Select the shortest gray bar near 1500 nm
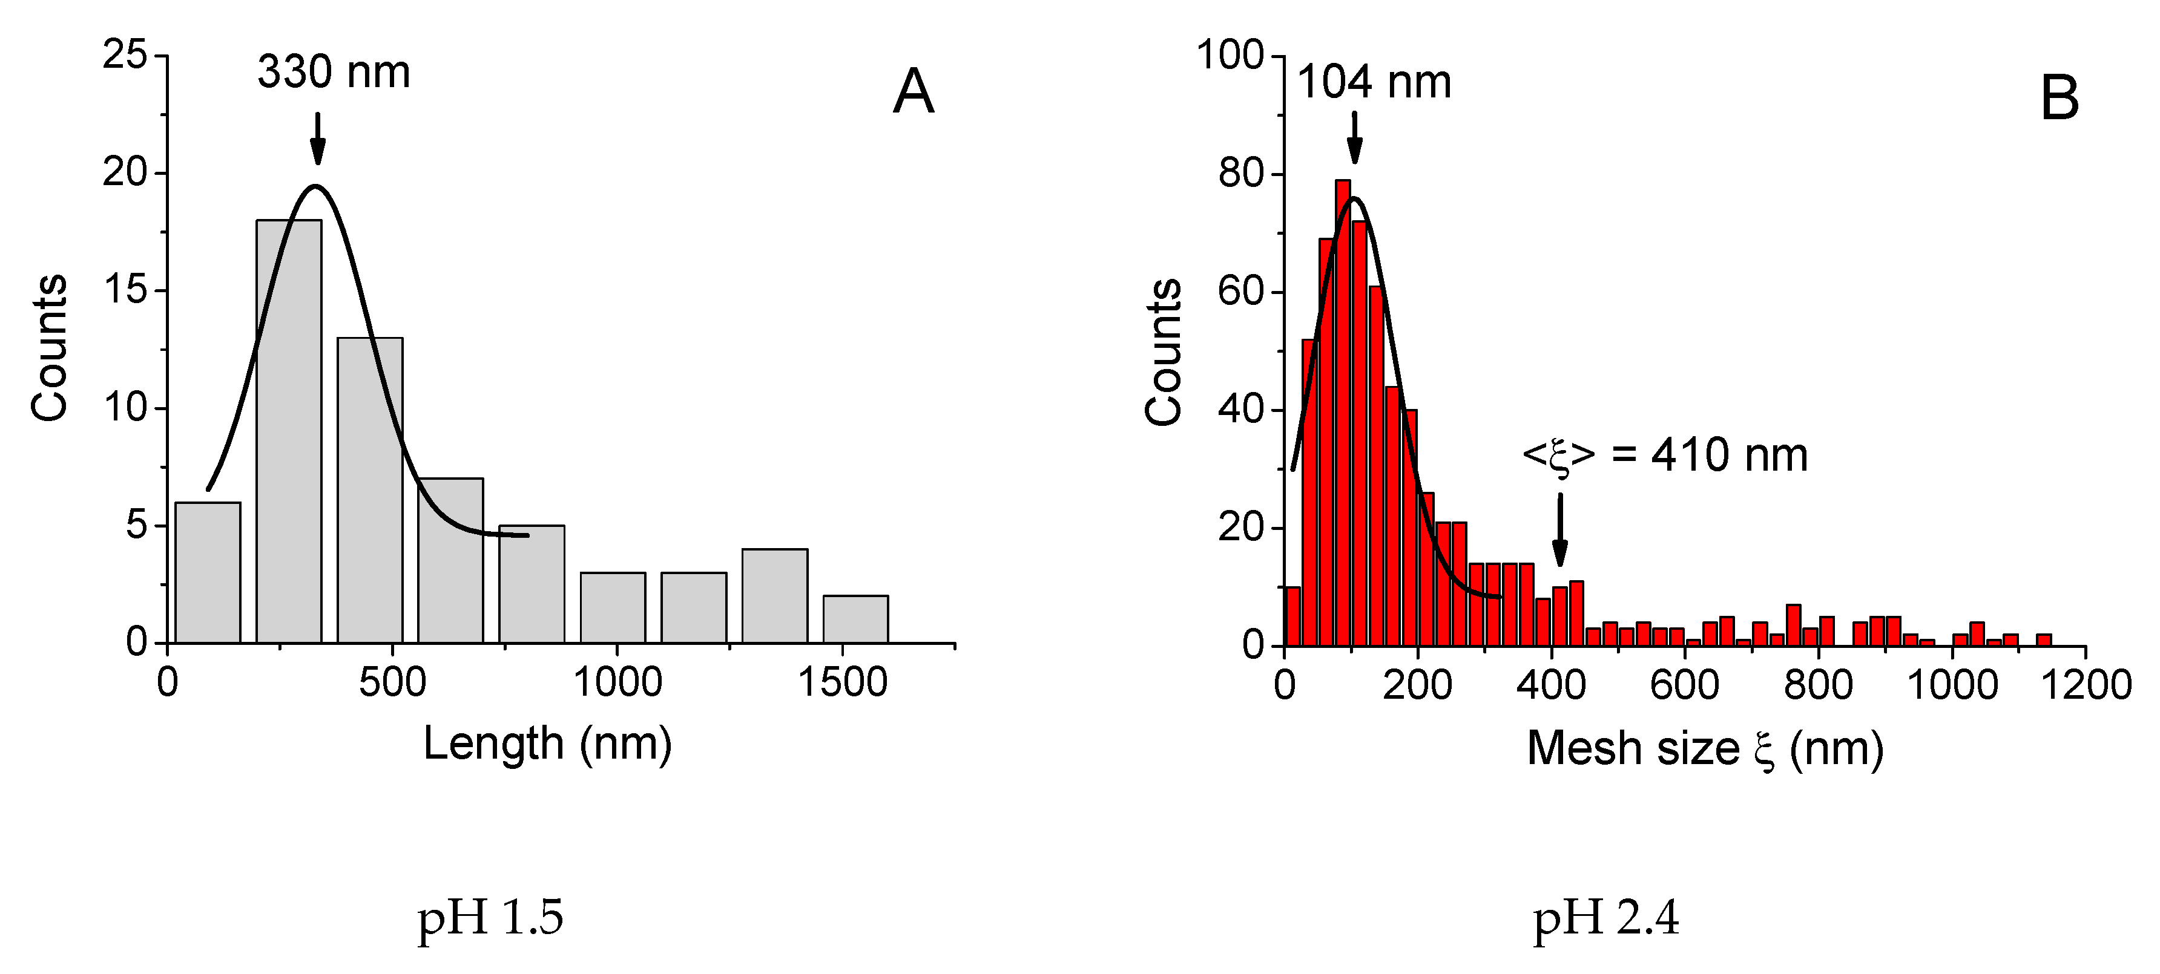(x=855, y=619)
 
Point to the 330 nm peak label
(x=334, y=72)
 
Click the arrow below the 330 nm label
(x=317, y=139)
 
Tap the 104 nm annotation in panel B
(x=1374, y=83)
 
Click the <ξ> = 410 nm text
(x=1664, y=455)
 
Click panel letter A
(x=913, y=91)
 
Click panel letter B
(x=2060, y=98)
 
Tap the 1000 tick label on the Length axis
(x=617, y=682)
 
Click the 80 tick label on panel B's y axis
(x=1241, y=174)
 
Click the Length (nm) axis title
(x=547, y=744)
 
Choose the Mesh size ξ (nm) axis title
(x=1705, y=748)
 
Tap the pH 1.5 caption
(x=490, y=917)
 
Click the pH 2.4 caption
(x=1605, y=917)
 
